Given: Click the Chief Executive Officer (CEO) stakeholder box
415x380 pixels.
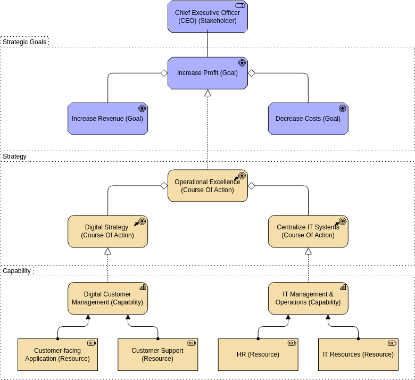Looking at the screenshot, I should click(x=207, y=17).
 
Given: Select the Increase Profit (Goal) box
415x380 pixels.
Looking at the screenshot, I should click(x=207, y=73).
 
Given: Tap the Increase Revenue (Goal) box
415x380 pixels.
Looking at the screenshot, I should click(x=107, y=119).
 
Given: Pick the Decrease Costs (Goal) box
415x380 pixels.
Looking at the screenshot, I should click(x=308, y=119).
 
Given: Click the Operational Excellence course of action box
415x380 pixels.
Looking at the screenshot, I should click(x=207, y=186).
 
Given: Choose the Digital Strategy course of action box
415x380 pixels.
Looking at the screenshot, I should click(x=107, y=232).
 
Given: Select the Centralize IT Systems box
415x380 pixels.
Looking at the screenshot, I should click(x=308, y=232).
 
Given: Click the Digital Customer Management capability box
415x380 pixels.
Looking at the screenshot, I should click(x=107, y=299).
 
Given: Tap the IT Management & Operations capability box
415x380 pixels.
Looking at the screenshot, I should click(x=308, y=299).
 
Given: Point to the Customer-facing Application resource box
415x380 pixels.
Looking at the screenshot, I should click(x=57, y=355).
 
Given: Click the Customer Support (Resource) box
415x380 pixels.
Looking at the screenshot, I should click(x=157, y=355).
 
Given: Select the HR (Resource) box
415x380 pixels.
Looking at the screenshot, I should click(x=258, y=355).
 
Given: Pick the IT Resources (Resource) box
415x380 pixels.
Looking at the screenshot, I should click(x=358, y=355).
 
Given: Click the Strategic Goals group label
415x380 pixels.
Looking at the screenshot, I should click(x=24, y=42).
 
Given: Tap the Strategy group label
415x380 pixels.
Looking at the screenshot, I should click(x=15, y=156).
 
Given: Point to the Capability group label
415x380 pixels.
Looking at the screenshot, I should click(x=17, y=271).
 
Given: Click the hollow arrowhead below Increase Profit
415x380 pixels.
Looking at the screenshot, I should click(x=207, y=93).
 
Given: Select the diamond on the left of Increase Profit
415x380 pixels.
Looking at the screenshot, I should click(x=164, y=73).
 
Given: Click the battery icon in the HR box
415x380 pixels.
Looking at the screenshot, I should click(x=292, y=343).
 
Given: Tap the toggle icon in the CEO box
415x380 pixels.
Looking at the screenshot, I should click(x=240, y=5).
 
